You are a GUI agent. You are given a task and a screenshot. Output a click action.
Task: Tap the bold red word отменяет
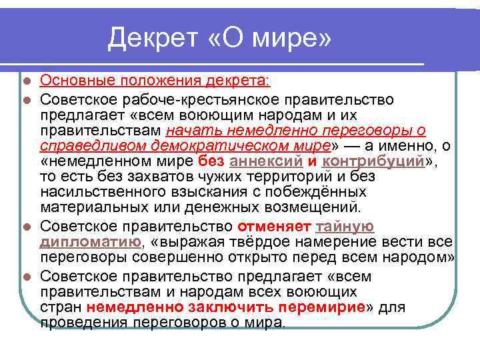[x=275, y=227]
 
